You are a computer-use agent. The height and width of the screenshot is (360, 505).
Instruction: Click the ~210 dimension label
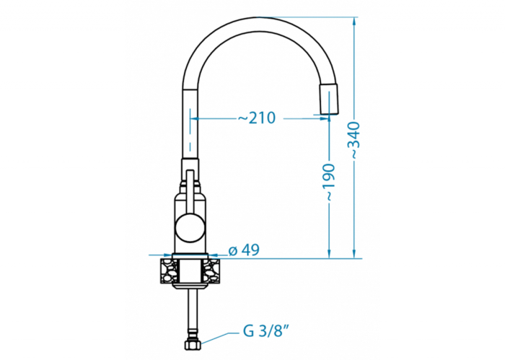pyautogui.click(x=257, y=118)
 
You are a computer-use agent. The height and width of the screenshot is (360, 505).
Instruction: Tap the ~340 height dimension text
pyautogui.click(x=355, y=140)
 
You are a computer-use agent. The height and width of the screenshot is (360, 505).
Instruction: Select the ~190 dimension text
pyautogui.click(x=330, y=183)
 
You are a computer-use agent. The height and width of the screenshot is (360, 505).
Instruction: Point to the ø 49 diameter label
pyautogui.click(x=244, y=250)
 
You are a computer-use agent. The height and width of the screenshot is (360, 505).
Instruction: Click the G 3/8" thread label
pyautogui.click(x=265, y=330)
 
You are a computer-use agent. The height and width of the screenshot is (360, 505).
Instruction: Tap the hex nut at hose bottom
pyautogui.click(x=193, y=345)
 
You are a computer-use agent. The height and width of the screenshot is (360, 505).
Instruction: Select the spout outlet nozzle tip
pyautogui.click(x=329, y=99)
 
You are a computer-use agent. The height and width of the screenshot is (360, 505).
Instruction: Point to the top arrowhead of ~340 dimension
pyautogui.click(x=354, y=21)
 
